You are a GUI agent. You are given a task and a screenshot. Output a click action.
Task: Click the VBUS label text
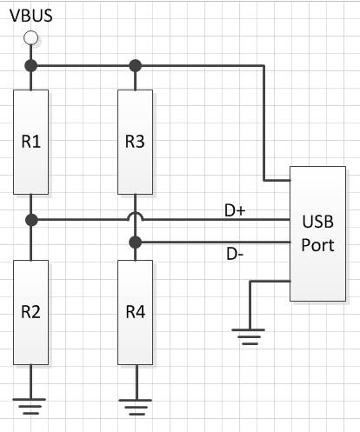(30, 15)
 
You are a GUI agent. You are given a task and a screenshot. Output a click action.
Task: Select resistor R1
(30, 140)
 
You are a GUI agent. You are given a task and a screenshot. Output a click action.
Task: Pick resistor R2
(30, 312)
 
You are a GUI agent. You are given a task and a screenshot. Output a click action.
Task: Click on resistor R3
(134, 140)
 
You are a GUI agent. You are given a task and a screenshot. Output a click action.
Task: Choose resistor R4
(134, 312)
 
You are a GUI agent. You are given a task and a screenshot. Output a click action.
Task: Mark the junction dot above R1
(30, 66)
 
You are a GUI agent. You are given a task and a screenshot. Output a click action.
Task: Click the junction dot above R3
(134, 66)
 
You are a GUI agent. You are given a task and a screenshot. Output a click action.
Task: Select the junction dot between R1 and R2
(30, 221)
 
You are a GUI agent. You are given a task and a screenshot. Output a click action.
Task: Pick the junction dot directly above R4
(134, 243)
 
